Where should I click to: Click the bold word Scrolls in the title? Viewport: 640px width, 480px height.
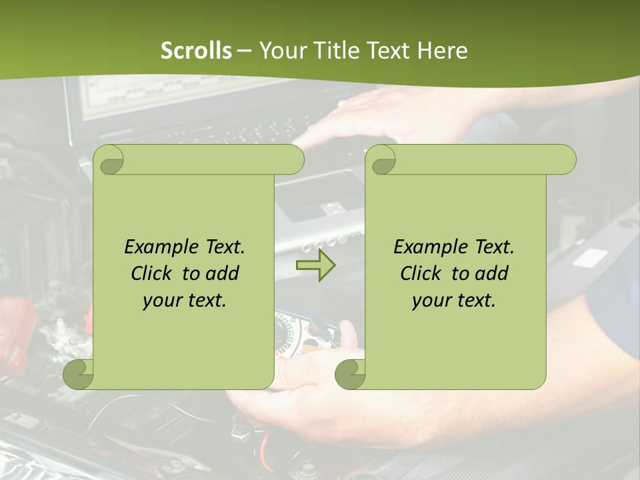[x=196, y=51]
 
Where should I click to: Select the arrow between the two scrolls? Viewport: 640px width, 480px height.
[x=315, y=266]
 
